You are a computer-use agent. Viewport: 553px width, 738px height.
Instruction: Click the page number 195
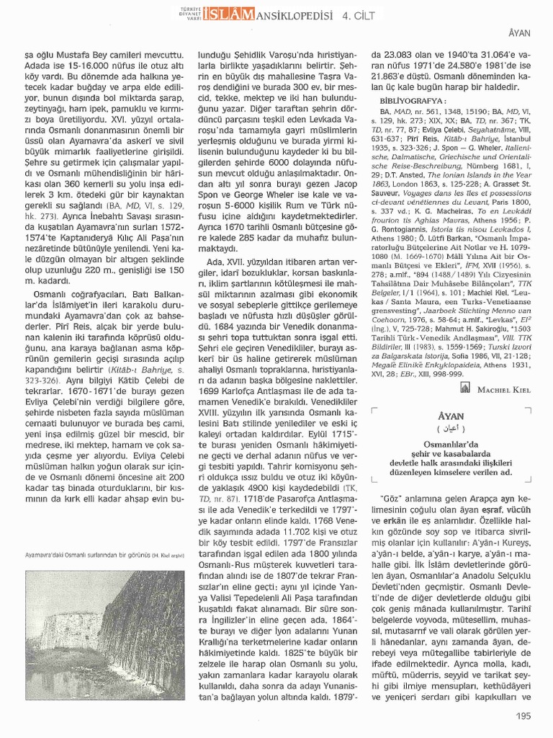[x=523, y=716]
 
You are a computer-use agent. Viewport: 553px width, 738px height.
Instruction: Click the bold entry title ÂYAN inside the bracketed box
[x=451, y=417]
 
